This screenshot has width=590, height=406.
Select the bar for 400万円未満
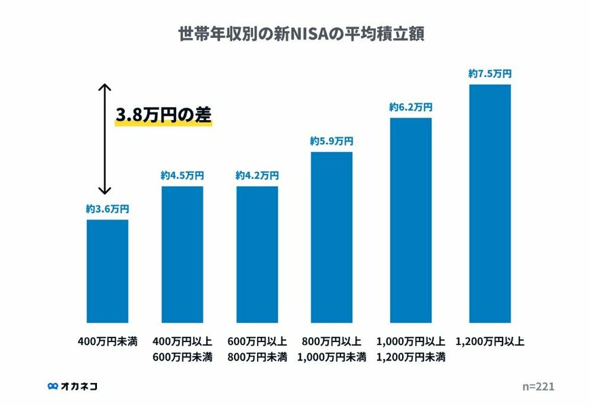pyautogui.click(x=107, y=271)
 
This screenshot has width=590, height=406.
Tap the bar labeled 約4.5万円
pyautogui.click(x=182, y=254)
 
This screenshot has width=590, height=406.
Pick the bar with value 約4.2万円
pyautogui.click(x=257, y=254)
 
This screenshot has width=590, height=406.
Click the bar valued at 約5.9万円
pyautogui.click(x=332, y=237)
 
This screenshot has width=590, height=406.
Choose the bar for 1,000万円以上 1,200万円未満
pyautogui.click(x=410, y=220)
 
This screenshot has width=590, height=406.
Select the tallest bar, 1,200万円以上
pyautogui.click(x=490, y=203)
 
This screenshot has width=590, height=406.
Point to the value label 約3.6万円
pyautogui.click(x=107, y=209)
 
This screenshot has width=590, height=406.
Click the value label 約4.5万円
pyautogui.click(x=182, y=175)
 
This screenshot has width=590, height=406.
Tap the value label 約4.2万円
pyautogui.click(x=257, y=175)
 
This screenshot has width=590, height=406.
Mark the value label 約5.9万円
pyautogui.click(x=332, y=141)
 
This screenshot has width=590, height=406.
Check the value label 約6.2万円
pyautogui.click(x=410, y=107)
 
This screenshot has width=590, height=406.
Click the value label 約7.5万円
pyautogui.click(x=490, y=74)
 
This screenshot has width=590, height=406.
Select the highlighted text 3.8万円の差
pyautogui.click(x=163, y=116)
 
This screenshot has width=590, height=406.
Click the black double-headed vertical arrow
pyautogui.click(x=104, y=139)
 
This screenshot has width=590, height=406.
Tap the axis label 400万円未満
pyautogui.click(x=107, y=341)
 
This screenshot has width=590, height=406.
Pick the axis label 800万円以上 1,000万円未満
pyautogui.click(x=332, y=348)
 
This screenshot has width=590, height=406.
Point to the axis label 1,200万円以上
pyautogui.click(x=490, y=341)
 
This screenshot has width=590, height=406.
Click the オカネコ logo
pyautogui.click(x=73, y=386)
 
